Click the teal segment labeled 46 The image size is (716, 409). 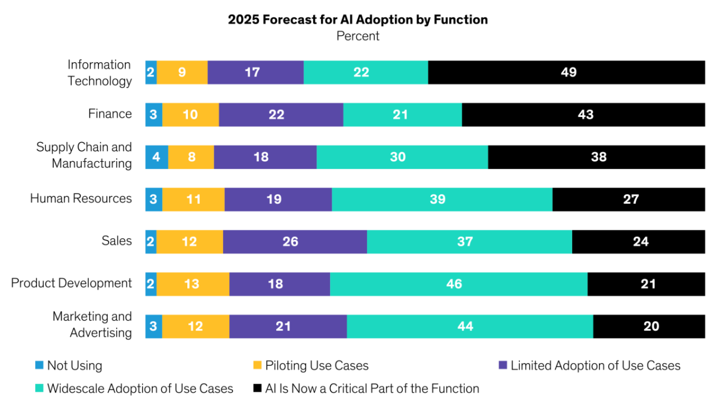pyautogui.click(x=458, y=284)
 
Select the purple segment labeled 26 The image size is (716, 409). pyautogui.click(x=295, y=242)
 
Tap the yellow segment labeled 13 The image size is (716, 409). pyautogui.click(x=193, y=284)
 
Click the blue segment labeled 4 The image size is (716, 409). pyautogui.click(x=156, y=157)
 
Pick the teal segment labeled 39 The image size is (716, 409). pyautogui.click(x=442, y=199)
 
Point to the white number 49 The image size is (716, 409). pyautogui.click(x=569, y=72)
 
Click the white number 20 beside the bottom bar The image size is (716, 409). pyautogui.click(x=651, y=327)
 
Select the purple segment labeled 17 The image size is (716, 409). pyautogui.click(x=255, y=72)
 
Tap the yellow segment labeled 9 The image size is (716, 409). pyautogui.click(x=182, y=72)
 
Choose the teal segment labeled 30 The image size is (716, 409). pyautogui.click(x=402, y=157)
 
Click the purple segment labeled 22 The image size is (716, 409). pyautogui.click(x=280, y=115)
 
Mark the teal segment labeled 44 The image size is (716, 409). pyautogui.click(x=470, y=327)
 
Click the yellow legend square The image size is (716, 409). pyautogui.click(x=257, y=365)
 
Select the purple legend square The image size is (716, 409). pyautogui.click(x=503, y=365)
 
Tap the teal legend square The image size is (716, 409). pyautogui.click(x=39, y=388)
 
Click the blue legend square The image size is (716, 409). pyautogui.click(x=39, y=365)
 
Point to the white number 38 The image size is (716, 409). pyautogui.click(x=598, y=157)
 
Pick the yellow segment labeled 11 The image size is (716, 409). pyautogui.click(x=193, y=199)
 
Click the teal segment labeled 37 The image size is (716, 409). pyautogui.click(x=469, y=242)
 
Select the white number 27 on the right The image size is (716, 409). pyautogui.click(x=631, y=199)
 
